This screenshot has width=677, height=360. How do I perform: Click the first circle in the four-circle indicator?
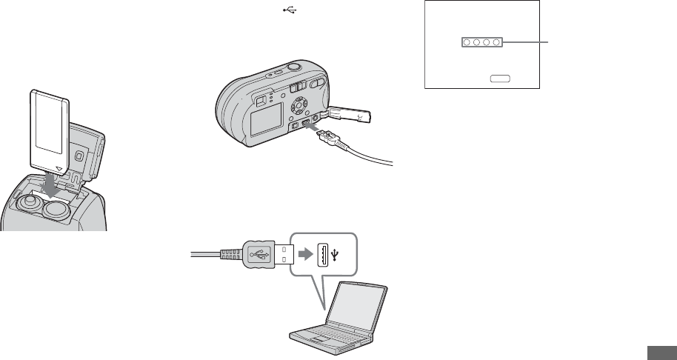click(467, 44)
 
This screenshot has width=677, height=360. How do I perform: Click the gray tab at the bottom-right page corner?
click(661, 353)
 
